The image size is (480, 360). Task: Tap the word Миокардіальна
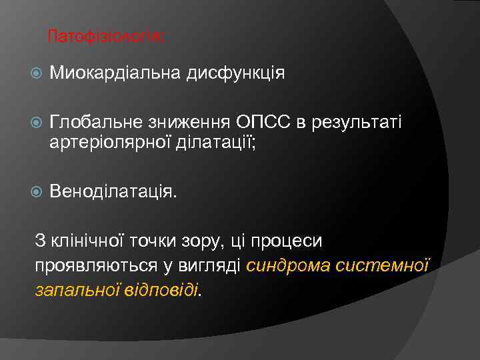point(115,73)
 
